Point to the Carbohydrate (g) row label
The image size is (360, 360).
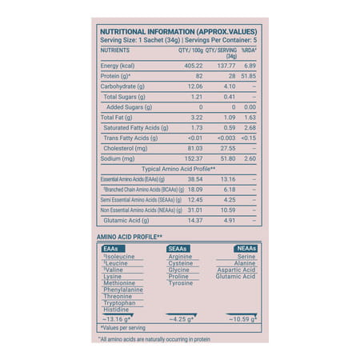coord(122,86)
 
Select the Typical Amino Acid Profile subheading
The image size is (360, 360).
coord(179,169)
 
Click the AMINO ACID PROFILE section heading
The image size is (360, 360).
coord(130,237)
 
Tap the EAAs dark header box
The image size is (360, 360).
coord(111,249)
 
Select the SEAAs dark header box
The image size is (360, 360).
coord(177,249)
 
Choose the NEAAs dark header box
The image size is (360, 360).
coord(246,249)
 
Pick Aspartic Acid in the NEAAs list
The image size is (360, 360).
coord(235,270)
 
